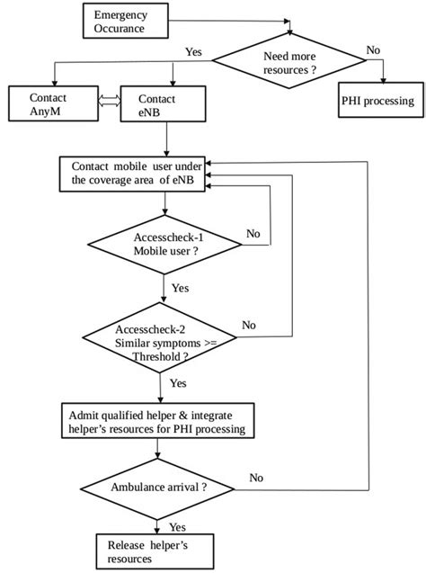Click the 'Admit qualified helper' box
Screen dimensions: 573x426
156,422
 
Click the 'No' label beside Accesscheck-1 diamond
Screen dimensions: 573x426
254,233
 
